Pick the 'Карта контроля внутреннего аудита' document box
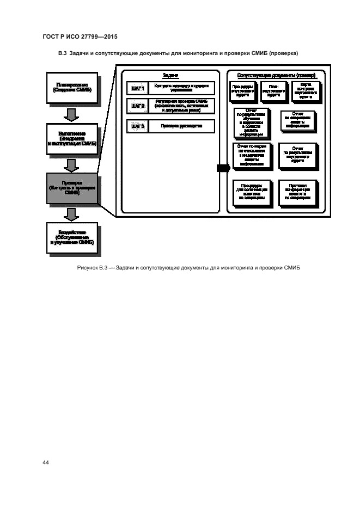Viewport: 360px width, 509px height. coord(305,90)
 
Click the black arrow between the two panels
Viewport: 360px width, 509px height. coord(222,168)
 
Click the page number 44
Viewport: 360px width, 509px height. coord(46,462)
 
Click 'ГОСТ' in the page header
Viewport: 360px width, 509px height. coord(51,36)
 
